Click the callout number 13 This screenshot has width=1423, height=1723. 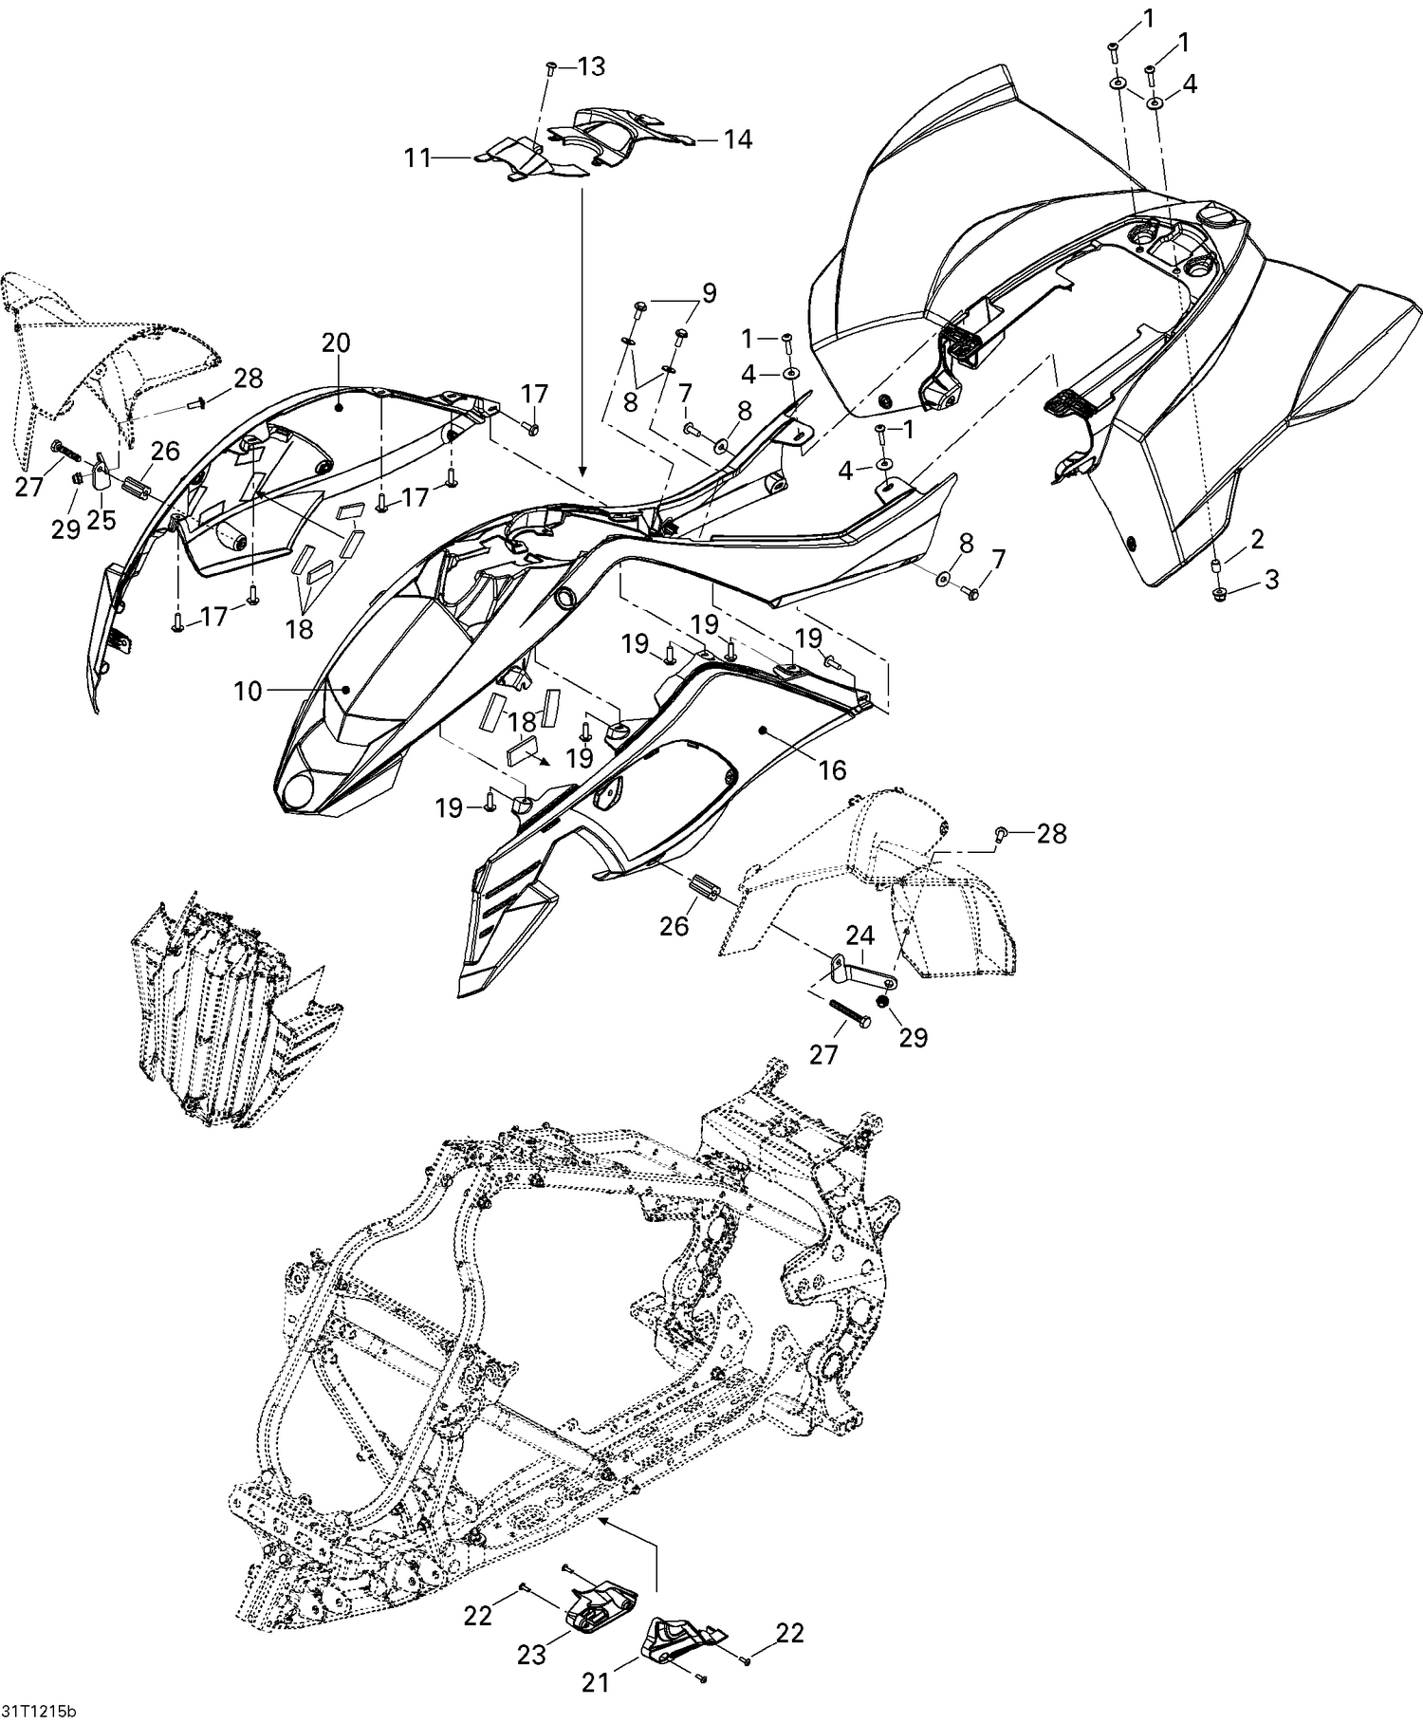(x=590, y=66)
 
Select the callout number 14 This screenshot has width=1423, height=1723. (x=737, y=139)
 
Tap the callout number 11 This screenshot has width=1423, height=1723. (x=418, y=157)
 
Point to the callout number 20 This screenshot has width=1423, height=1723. (x=336, y=343)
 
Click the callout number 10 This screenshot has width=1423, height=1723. (x=248, y=692)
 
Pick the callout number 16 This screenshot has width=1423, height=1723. (x=832, y=769)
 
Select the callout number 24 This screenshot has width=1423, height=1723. (x=859, y=936)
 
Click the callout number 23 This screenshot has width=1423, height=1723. (x=531, y=1655)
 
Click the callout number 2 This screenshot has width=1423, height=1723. (x=1257, y=541)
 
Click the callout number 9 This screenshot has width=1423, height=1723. (x=710, y=291)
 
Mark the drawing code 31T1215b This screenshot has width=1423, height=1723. (x=38, y=1712)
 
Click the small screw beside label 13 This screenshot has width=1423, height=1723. (x=551, y=68)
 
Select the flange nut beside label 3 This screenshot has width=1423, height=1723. (x=1220, y=594)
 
